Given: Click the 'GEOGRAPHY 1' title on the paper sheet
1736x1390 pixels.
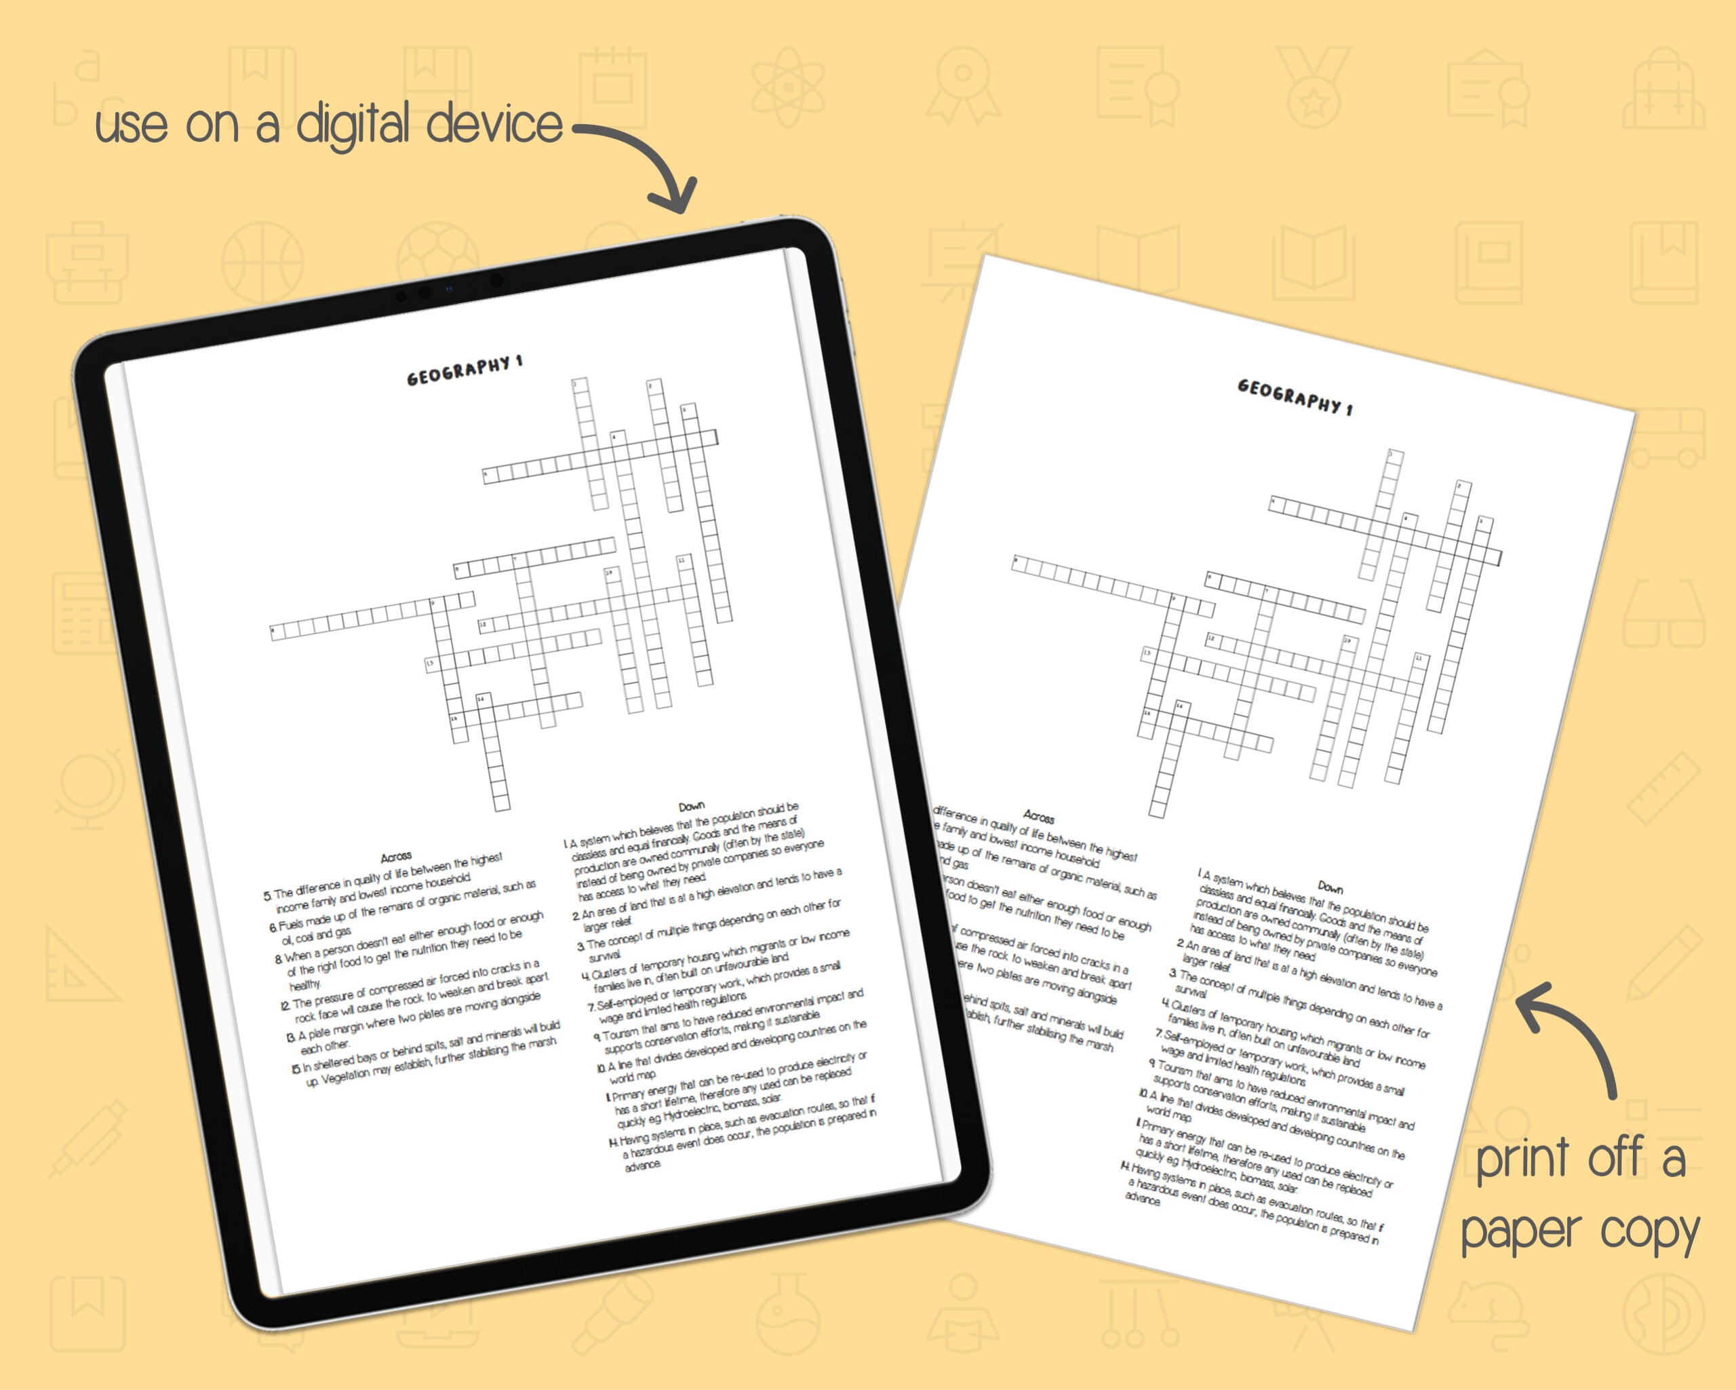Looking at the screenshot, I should [1295, 397].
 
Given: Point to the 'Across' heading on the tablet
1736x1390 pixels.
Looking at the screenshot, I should [396, 856].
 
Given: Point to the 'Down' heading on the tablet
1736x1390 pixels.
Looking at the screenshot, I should [691, 806].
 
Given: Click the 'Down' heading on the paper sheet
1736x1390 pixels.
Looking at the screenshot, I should [1330, 887].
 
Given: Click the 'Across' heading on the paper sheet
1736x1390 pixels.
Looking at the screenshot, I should [1039, 817].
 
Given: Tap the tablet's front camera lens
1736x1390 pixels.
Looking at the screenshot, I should [497, 279].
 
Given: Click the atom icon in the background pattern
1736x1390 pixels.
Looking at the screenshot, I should [787, 87].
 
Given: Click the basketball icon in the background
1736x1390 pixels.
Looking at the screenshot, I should [262, 263].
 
